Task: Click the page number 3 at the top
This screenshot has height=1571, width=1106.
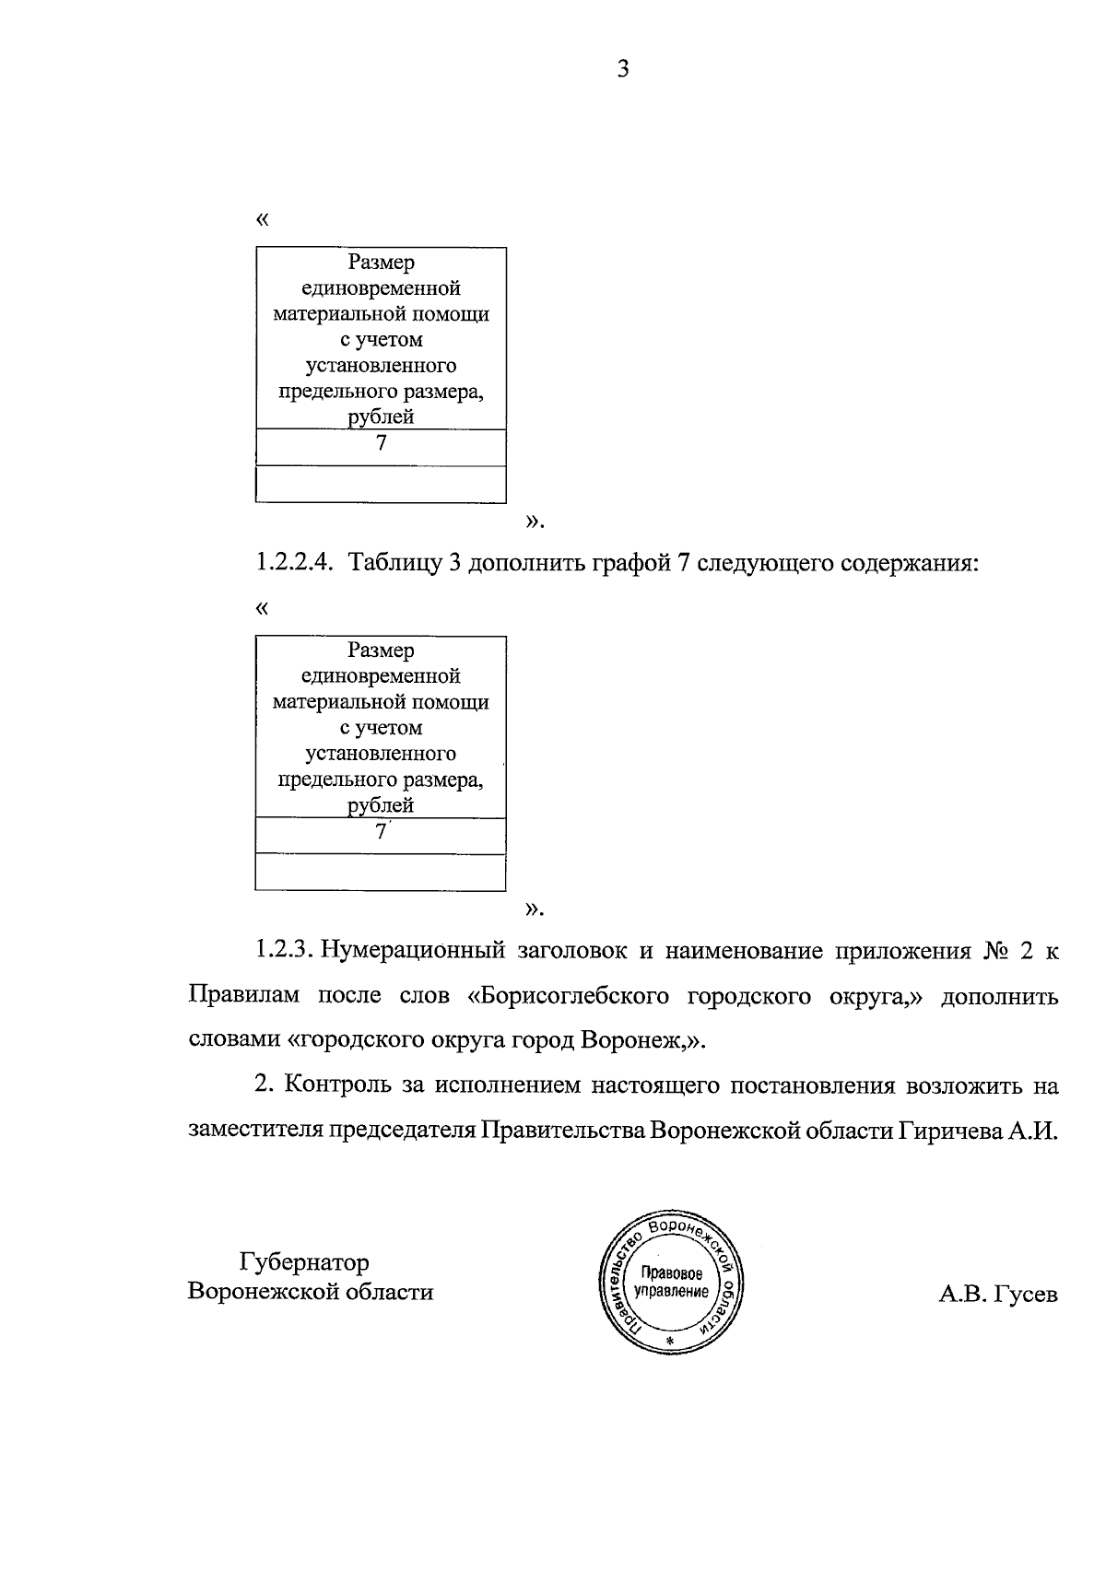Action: pos(623,69)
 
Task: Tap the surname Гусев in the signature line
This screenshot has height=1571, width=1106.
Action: pos(1027,1295)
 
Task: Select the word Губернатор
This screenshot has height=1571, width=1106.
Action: pos(304,1261)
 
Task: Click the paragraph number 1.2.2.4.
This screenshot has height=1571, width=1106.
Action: pos(293,564)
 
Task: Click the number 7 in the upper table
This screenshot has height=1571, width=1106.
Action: pos(381,443)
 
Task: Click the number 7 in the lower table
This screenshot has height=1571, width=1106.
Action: pos(380,832)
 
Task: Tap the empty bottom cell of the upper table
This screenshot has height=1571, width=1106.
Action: pos(381,484)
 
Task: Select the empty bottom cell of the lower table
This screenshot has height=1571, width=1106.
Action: pos(381,872)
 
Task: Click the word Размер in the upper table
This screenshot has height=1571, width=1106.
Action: pos(381,264)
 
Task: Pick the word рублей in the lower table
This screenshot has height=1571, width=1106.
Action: pos(381,806)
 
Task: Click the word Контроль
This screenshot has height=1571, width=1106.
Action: pos(338,1084)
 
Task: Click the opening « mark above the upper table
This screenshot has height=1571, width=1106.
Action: pos(263,220)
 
